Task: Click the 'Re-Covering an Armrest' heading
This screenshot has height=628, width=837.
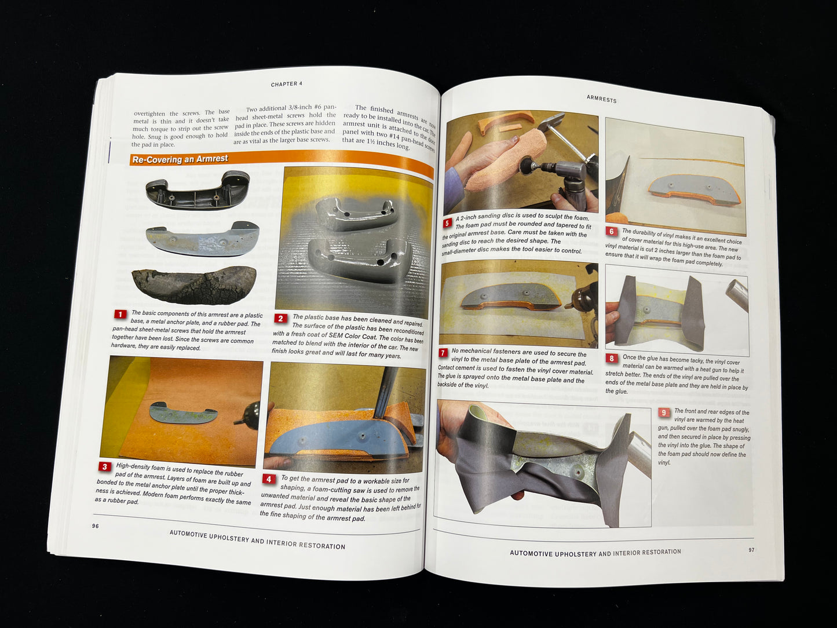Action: tap(180, 159)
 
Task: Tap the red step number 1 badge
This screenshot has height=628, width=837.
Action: tap(120, 314)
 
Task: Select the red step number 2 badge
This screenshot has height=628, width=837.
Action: tap(280, 318)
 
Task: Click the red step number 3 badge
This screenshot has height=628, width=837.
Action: tap(104, 466)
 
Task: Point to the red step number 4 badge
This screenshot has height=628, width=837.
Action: tap(269, 479)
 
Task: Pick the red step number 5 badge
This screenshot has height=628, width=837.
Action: tap(447, 222)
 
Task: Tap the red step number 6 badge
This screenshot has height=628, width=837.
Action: tap(611, 231)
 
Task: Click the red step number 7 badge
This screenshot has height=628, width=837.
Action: tap(443, 352)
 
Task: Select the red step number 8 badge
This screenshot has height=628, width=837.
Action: tap(611, 359)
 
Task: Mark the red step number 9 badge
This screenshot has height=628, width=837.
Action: tap(664, 412)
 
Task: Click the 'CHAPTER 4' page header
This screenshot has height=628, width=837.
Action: tap(287, 84)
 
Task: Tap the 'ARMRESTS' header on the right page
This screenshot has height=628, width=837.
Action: tap(602, 99)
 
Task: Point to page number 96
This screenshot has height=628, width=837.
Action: tap(96, 526)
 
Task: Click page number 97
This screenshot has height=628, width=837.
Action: tap(751, 550)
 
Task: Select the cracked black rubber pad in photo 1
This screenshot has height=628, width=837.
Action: tap(194, 284)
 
